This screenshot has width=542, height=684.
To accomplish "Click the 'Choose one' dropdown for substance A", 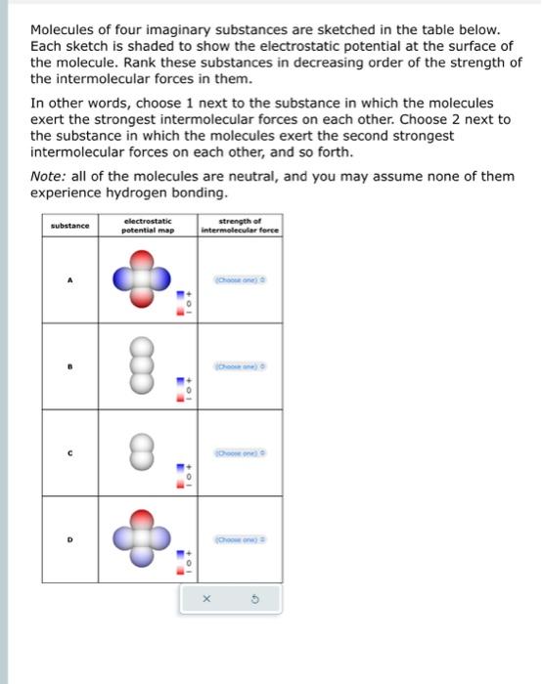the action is coord(240,280).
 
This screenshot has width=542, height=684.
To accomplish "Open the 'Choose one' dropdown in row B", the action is coord(240,366).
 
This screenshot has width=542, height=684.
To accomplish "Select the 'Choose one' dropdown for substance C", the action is coord(240,453).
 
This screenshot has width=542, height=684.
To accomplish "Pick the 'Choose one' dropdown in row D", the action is coord(240,539).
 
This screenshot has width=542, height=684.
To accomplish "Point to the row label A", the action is coord(69,280).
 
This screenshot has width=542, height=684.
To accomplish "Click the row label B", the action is coord(69,366).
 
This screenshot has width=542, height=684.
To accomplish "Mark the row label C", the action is coord(69,453).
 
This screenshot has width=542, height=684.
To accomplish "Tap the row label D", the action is coord(69,539).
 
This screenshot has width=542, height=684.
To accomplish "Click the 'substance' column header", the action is coord(69,227).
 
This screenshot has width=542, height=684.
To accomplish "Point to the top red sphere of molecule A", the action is coord(142,258).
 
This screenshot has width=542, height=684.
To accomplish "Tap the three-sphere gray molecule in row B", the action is coord(142,366).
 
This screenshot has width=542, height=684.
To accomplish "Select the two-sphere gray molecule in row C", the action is coord(142,452).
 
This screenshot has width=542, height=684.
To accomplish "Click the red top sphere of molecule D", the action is coord(142,518).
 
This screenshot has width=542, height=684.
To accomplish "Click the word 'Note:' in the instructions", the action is coord(48,176).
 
